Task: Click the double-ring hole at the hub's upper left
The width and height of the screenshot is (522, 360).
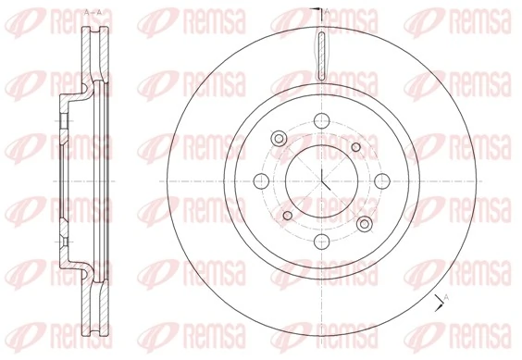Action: click(x=278, y=139)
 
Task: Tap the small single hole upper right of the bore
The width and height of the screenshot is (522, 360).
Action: click(x=357, y=146)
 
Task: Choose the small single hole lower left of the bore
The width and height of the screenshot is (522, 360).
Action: click(x=287, y=216)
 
